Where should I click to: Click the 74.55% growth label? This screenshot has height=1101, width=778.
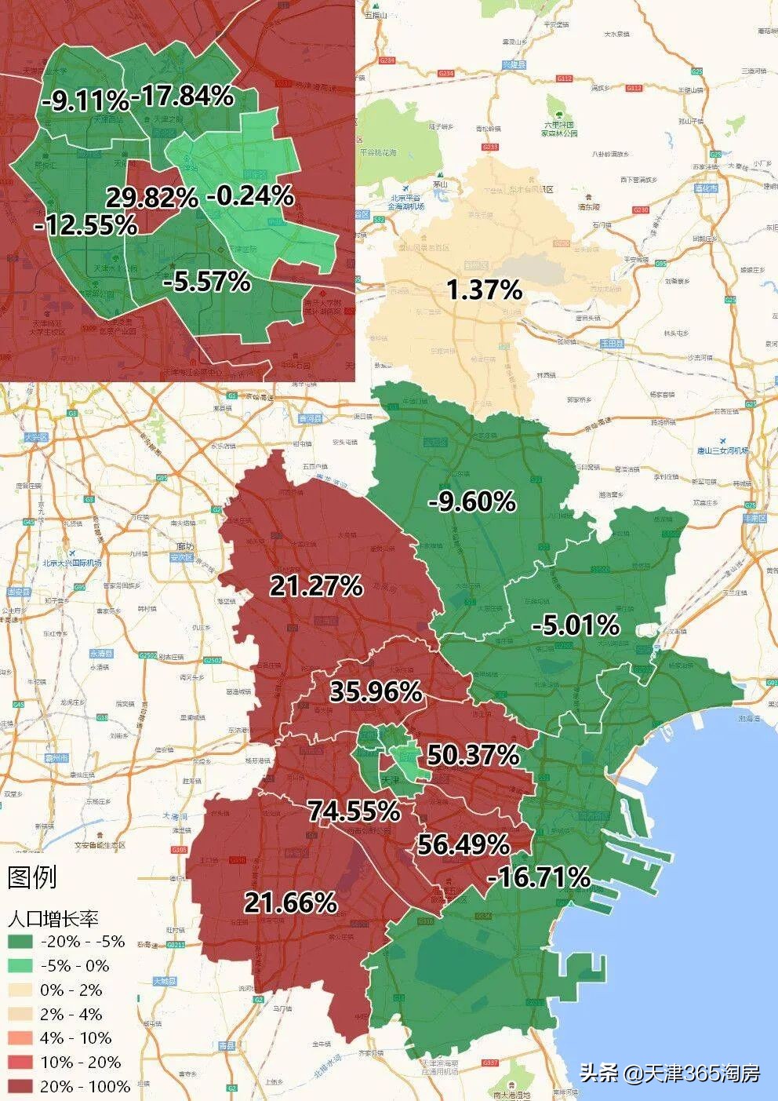click(354, 811)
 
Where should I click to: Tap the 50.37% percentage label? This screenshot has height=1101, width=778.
click(473, 755)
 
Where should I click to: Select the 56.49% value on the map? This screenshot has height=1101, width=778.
click(464, 844)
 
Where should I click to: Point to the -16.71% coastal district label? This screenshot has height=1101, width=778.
click(539, 877)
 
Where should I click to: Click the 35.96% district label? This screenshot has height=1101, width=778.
click(376, 691)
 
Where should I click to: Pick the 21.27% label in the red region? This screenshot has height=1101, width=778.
click(316, 585)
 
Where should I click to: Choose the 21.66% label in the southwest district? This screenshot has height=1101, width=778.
click(290, 902)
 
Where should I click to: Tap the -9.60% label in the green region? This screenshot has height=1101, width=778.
click(471, 501)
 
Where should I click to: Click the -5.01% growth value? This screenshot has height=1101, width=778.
click(576, 625)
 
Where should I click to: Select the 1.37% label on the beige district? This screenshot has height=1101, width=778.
click(484, 290)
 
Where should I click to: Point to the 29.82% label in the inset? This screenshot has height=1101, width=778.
click(151, 198)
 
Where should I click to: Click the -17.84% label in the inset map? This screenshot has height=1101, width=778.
click(183, 96)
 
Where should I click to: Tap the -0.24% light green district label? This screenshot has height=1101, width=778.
click(250, 195)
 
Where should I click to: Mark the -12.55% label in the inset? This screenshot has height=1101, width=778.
click(86, 226)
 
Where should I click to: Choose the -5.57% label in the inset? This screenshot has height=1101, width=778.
click(207, 280)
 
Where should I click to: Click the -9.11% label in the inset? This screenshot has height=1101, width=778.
click(85, 100)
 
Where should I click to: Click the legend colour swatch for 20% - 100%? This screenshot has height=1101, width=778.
click(20, 1087)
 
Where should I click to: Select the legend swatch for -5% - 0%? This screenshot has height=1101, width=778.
click(20, 966)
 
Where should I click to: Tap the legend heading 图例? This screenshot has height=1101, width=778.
click(32, 877)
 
